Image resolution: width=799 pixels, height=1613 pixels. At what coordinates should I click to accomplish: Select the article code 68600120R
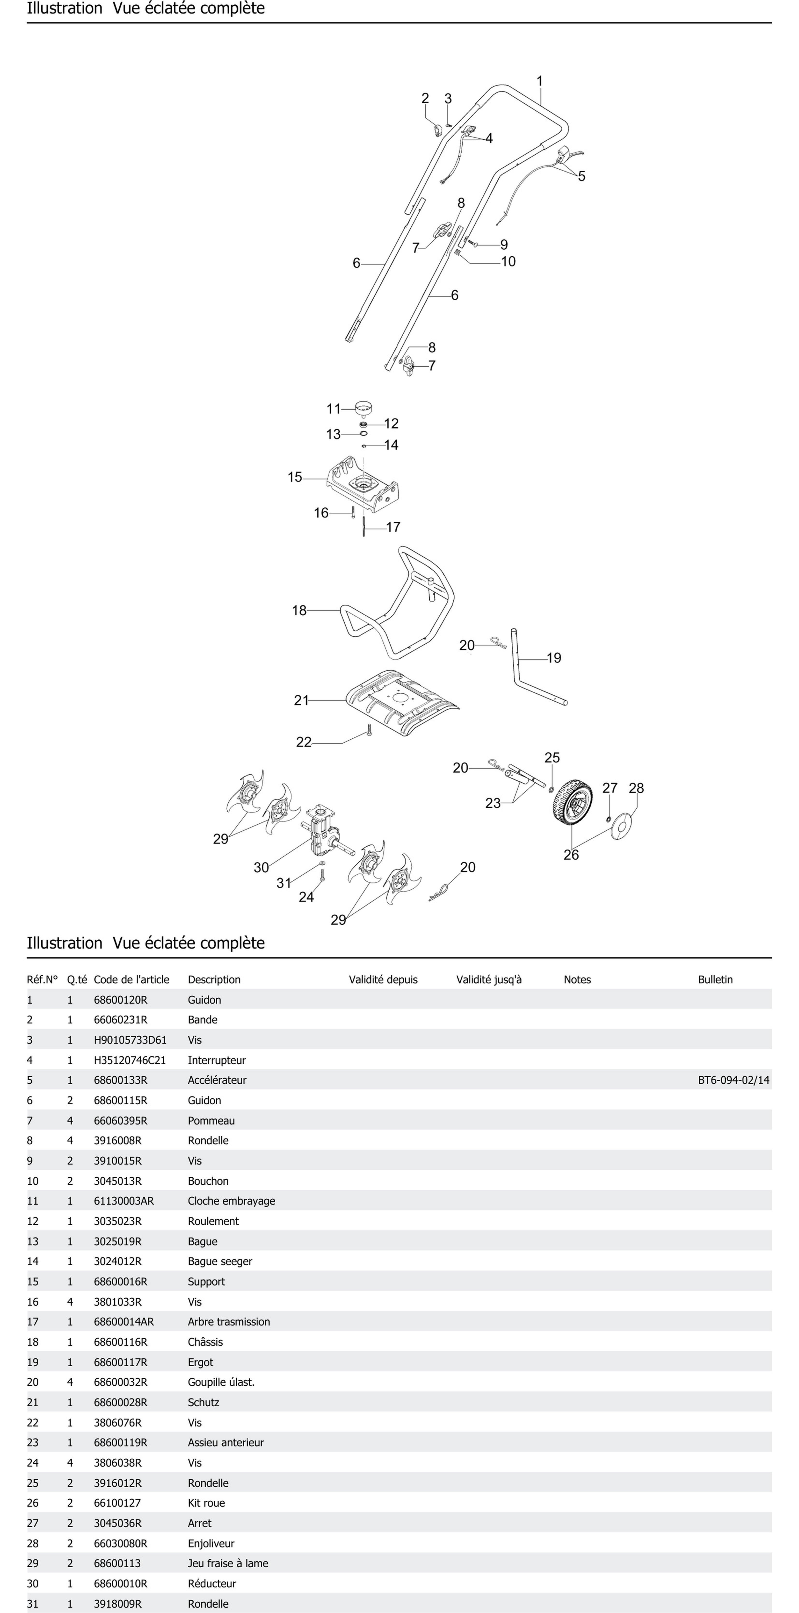pos(120,1000)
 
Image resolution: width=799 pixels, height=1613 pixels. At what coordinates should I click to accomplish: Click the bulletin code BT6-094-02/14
pos(733,1080)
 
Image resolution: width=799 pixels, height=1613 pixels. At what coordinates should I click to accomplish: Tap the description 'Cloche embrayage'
pos(231,1201)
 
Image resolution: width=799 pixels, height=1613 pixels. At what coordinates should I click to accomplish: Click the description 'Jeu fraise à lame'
pos(228,1563)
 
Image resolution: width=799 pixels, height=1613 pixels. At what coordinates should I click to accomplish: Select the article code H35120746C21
pos(130,1060)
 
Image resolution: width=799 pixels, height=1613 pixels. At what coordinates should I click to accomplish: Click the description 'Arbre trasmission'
pos(229,1322)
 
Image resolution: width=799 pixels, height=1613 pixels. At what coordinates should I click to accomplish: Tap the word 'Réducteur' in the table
pos(212,1584)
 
